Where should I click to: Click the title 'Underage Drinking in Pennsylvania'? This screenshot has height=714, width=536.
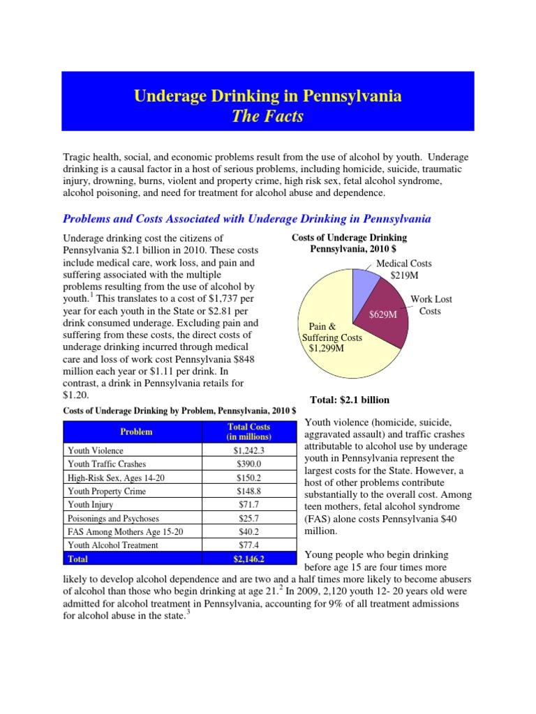click(x=267, y=96)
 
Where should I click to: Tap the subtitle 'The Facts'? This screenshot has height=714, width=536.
click(x=267, y=116)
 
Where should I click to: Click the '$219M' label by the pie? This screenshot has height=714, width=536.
click(x=403, y=275)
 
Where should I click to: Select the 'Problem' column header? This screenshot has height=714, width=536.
click(x=136, y=432)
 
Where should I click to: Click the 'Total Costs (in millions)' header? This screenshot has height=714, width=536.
click(x=249, y=432)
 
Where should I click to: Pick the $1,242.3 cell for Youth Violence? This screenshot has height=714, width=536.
click(x=249, y=451)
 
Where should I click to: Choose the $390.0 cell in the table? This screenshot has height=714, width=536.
click(x=249, y=464)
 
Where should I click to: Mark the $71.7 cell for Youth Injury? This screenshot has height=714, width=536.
click(x=249, y=504)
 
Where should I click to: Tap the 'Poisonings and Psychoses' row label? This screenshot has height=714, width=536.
click(x=113, y=518)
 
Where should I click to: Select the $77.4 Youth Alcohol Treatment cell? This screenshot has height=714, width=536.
click(x=249, y=545)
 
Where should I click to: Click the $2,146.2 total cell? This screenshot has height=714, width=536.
click(x=249, y=559)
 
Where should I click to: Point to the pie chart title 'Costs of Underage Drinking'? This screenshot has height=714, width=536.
click(x=349, y=238)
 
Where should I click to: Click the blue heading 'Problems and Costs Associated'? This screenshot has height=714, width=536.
click(x=246, y=219)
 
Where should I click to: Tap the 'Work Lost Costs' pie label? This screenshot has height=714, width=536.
click(x=431, y=305)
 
